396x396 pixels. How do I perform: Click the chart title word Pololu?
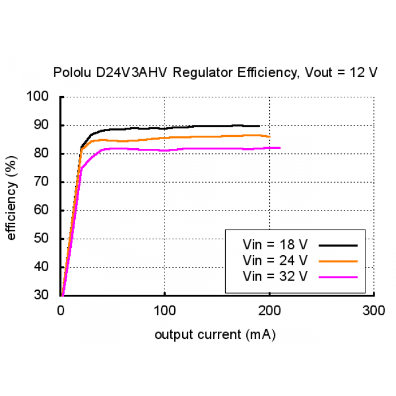72,72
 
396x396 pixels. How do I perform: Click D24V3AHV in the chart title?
132,72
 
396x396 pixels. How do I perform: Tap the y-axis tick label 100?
37,96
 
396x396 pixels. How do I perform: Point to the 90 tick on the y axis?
41,125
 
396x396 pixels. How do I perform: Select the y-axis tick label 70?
41,182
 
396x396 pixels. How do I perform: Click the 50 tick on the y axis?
41,238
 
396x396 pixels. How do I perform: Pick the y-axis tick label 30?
41,295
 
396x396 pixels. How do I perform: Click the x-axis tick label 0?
61,311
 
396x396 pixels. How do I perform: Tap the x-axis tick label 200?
269,311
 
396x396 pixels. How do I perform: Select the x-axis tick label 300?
374,311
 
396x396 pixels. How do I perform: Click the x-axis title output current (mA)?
215,335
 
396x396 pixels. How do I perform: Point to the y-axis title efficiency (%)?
11,198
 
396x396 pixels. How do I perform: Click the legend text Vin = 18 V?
275,244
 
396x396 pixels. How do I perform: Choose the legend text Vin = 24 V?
275,260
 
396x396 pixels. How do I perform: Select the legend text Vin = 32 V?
275,276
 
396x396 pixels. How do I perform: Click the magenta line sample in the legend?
338,277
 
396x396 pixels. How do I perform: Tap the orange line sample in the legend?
338,261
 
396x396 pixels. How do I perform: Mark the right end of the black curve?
260,126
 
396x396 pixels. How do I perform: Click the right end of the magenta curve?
280,148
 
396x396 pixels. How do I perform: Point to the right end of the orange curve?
270,137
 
